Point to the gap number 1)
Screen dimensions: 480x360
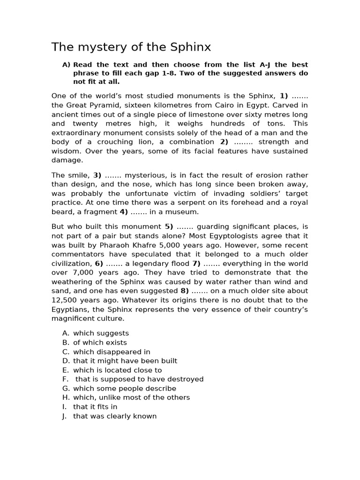tap(284, 96)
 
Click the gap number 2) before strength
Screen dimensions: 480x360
tap(224, 142)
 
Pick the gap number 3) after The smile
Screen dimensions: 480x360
tap(97, 175)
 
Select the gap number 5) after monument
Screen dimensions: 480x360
tap(169, 226)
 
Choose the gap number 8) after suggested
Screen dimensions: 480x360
tap(184, 291)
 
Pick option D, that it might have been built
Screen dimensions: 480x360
tap(125, 361)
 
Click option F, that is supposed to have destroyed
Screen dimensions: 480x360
tap(139, 379)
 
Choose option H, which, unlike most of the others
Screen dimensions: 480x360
tap(131, 397)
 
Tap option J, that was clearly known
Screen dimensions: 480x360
tap(115, 416)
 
